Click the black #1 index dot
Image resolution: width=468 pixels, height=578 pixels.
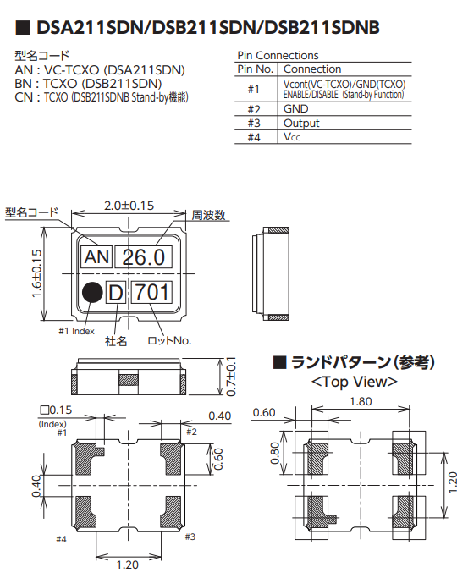(x=92, y=293)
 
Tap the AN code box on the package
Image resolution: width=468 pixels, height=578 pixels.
(x=96, y=256)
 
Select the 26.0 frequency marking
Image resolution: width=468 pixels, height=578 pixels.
(x=143, y=257)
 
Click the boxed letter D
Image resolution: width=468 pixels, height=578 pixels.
(x=116, y=293)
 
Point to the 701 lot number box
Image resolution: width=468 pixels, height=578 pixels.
(x=151, y=292)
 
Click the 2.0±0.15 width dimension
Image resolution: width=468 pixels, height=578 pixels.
(x=129, y=206)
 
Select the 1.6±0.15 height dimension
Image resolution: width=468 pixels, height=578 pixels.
(x=37, y=273)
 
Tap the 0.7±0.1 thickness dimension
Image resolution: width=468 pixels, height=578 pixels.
(x=231, y=377)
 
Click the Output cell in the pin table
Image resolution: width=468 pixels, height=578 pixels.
(x=301, y=123)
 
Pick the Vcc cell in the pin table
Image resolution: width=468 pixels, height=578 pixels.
(x=292, y=137)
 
